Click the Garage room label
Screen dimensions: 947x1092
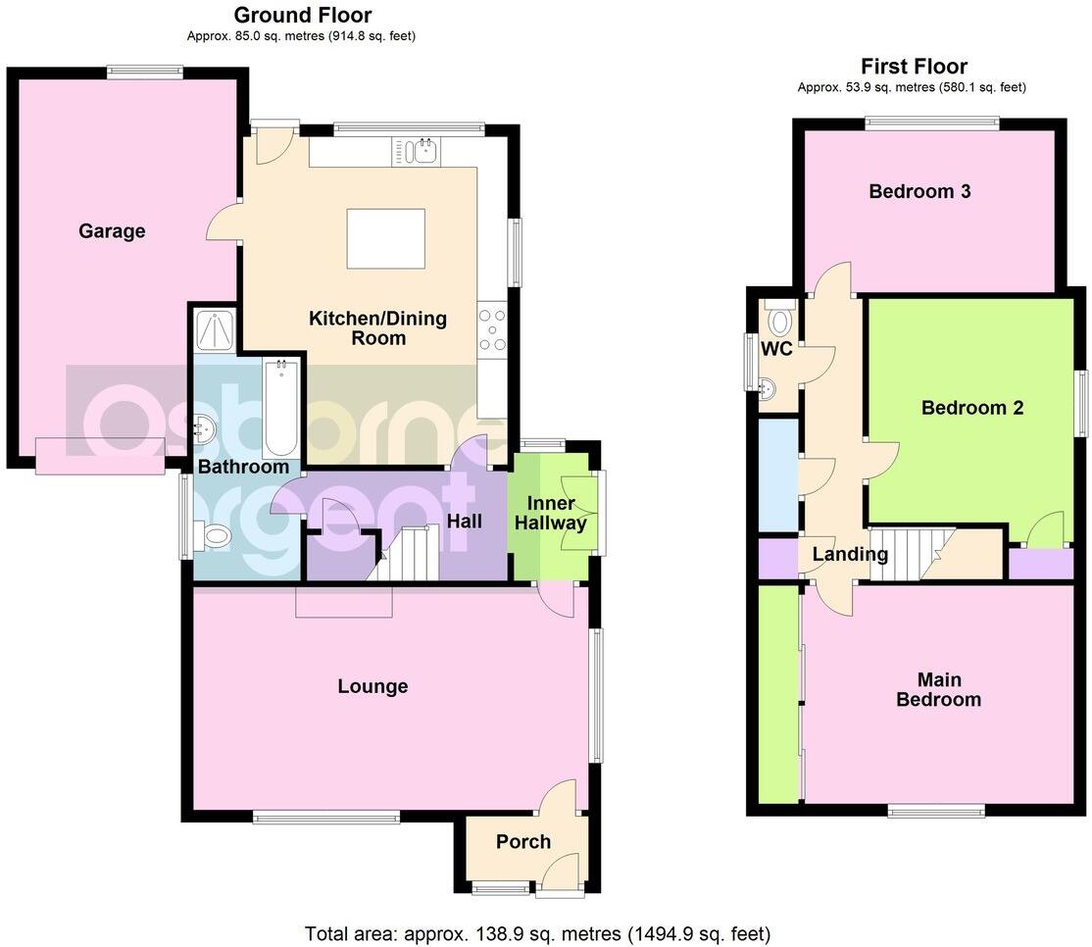coord(112,231)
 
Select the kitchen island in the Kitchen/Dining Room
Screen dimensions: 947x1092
coord(386,238)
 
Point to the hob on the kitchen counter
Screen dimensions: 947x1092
coord(492,329)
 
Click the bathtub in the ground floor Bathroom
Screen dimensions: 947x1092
coord(282,408)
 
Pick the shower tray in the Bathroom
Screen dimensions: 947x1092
coord(216,329)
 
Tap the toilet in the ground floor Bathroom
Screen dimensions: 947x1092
coord(213,535)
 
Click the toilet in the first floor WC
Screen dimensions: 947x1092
coord(781,322)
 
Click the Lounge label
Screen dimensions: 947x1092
coord(372,687)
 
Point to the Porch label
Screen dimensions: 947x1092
coord(523,841)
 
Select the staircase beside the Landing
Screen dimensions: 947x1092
coord(903,554)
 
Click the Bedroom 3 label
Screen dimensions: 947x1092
coord(919,191)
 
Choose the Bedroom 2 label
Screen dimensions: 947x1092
coord(972,408)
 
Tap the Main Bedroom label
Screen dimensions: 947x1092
coord(939,690)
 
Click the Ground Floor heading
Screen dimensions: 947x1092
coord(303,15)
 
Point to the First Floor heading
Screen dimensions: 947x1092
coord(914,67)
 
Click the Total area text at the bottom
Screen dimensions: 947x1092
coord(537,932)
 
